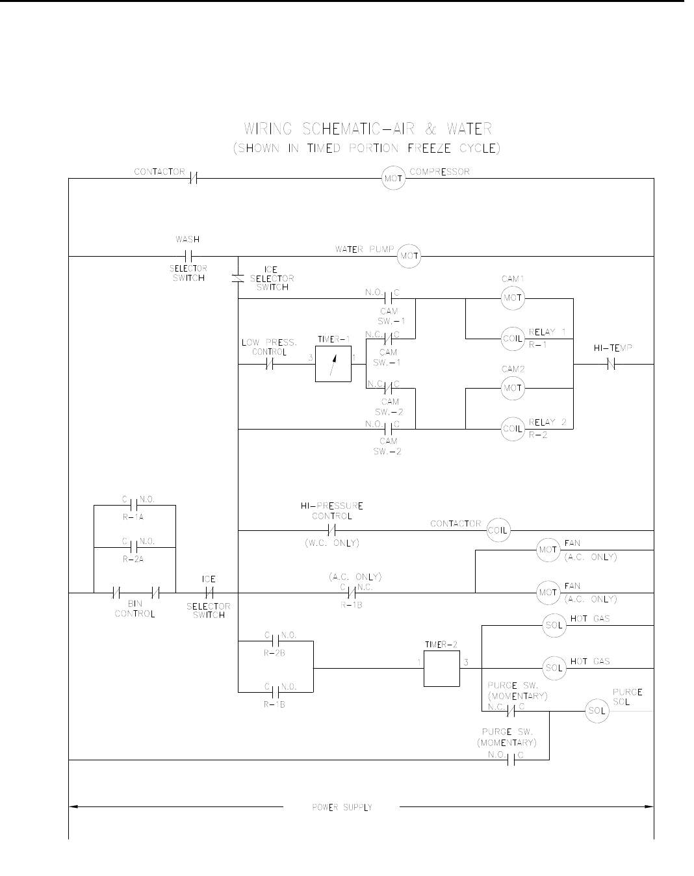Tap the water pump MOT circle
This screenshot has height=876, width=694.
409,256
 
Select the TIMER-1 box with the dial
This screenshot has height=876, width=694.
333,364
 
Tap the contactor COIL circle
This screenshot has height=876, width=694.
498,530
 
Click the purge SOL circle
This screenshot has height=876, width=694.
596,711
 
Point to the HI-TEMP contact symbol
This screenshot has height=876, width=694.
611,365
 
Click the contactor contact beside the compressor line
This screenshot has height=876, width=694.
193,177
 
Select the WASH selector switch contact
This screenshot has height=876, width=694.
189,256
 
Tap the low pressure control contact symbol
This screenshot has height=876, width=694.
270,365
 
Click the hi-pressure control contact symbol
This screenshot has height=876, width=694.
331,530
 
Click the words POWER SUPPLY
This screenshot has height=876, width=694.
342,807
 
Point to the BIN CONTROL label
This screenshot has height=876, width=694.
135,609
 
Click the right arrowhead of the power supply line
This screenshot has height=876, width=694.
649,807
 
